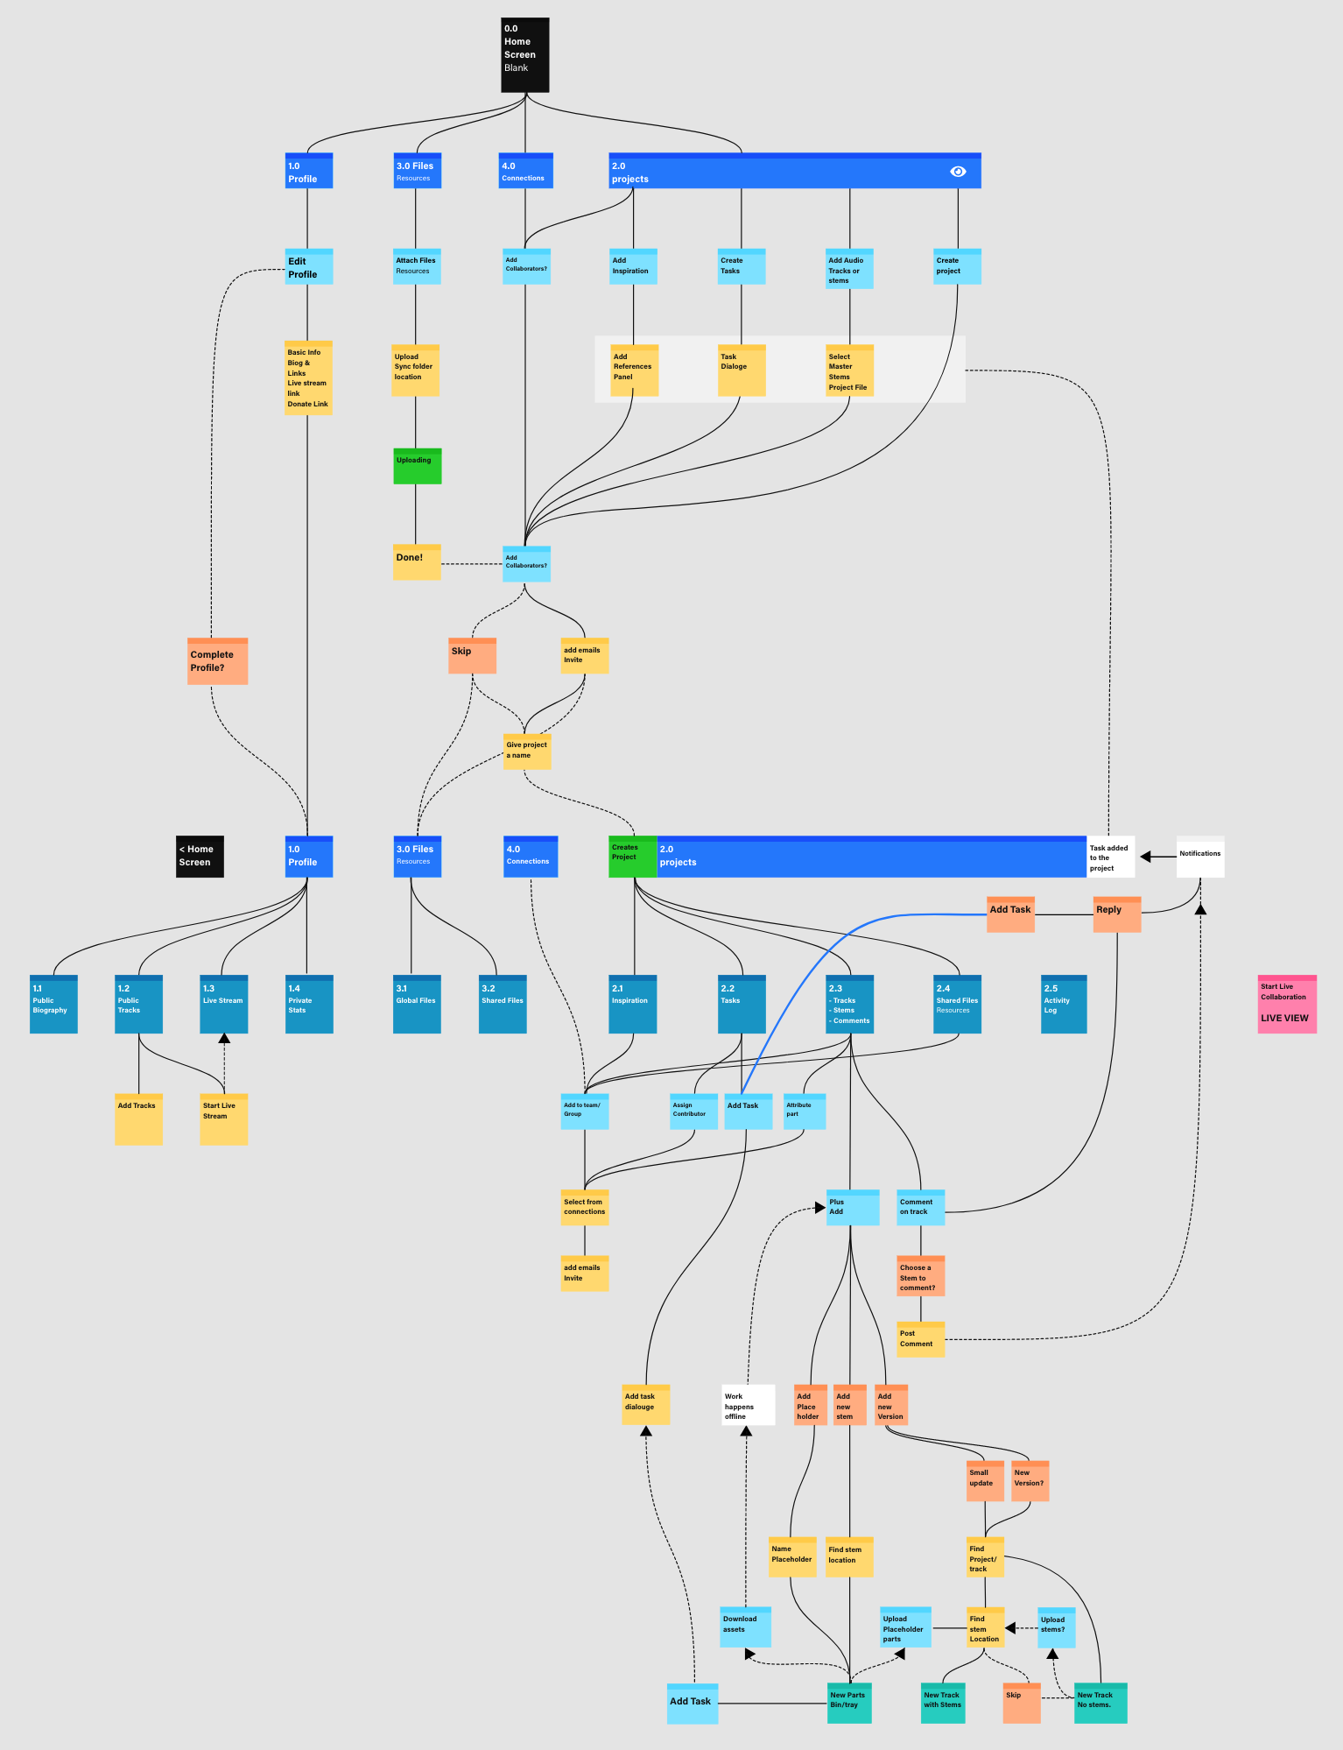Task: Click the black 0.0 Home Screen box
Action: point(524,55)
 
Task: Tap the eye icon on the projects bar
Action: point(958,172)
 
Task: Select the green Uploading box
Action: point(417,466)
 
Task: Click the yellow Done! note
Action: point(417,562)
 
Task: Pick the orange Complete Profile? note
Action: point(217,661)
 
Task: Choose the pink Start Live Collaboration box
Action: point(1287,1004)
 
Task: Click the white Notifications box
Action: point(1199,857)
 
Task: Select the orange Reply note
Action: point(1116,914)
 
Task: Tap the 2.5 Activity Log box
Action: point(1064,1004)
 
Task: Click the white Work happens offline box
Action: point(748,1405)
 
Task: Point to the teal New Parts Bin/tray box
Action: point(848,1703)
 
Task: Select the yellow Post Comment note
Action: point(920,1339)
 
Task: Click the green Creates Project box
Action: point(632,857)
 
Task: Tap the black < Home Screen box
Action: point(200,857)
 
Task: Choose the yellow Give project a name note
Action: point(527,752)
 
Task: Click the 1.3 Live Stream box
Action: point(224,1004)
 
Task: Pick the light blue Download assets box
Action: point(746,1627)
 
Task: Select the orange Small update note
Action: point(985,1480)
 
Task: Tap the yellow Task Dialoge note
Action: point(742,370)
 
